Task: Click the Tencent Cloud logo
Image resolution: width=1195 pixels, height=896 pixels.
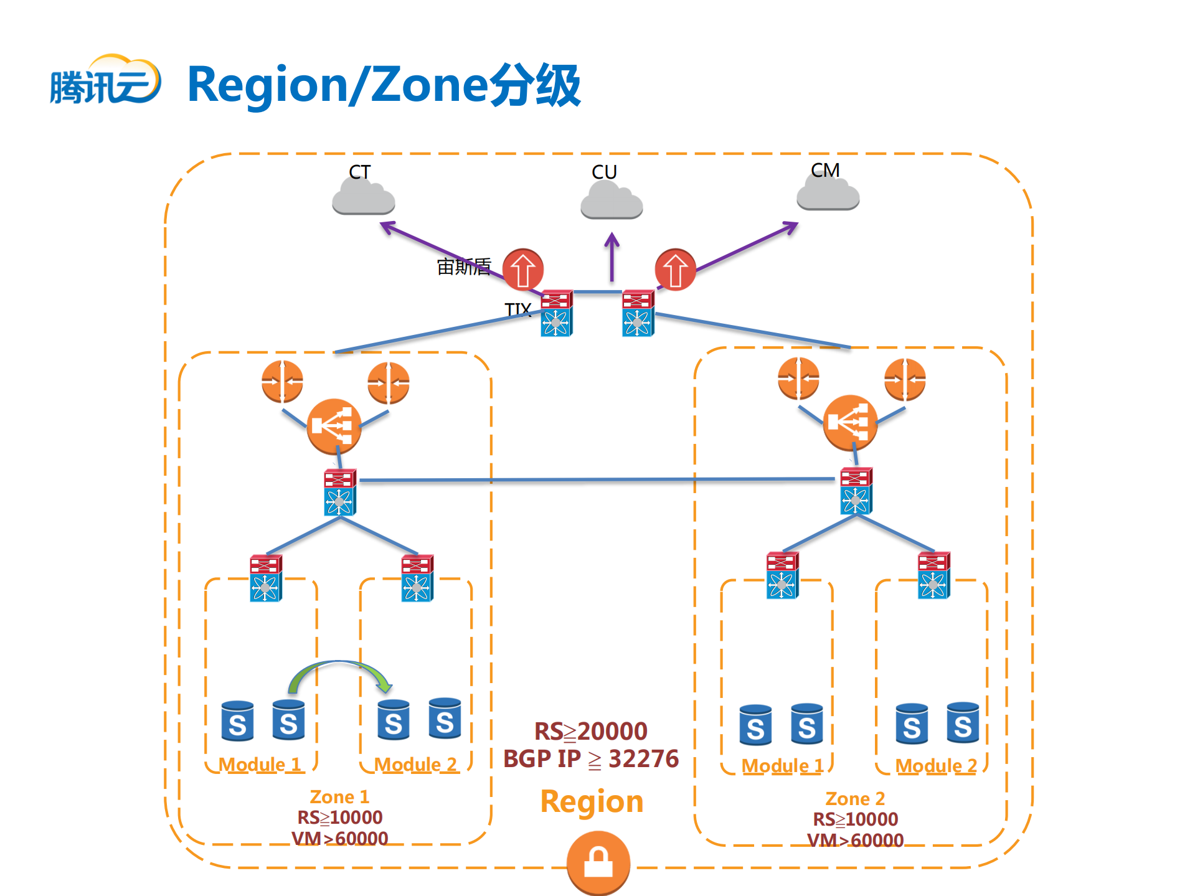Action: coord(105,81)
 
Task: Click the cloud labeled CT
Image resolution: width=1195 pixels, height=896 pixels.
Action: coord(364,197)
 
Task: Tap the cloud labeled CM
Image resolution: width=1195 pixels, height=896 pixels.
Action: coord(828,194)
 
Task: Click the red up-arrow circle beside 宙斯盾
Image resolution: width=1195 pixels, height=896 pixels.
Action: coord(522,270)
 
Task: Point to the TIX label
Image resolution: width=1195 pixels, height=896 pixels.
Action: coord(517,309)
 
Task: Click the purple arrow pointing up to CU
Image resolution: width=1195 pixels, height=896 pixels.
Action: coord(612,256)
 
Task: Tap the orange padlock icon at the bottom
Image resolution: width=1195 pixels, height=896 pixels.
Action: coord(598,863)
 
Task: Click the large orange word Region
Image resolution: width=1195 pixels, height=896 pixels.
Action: coord(591,801)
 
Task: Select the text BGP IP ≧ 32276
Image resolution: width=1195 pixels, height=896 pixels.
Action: coord(590,759)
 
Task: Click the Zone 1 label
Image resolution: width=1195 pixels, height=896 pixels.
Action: coord(339,797)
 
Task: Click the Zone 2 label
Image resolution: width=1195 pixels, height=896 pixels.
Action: coord(854,799)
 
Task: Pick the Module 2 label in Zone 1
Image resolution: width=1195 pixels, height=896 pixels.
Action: coord(415,765)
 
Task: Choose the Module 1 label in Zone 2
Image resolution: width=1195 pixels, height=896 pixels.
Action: coord(782,766)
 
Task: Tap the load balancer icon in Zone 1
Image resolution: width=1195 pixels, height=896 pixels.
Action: coord(334,427)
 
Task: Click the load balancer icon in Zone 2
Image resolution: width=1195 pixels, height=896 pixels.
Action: coord(849,423)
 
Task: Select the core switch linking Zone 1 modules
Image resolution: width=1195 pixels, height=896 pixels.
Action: coord(339,493)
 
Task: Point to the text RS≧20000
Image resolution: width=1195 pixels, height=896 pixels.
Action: coord(590,731)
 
